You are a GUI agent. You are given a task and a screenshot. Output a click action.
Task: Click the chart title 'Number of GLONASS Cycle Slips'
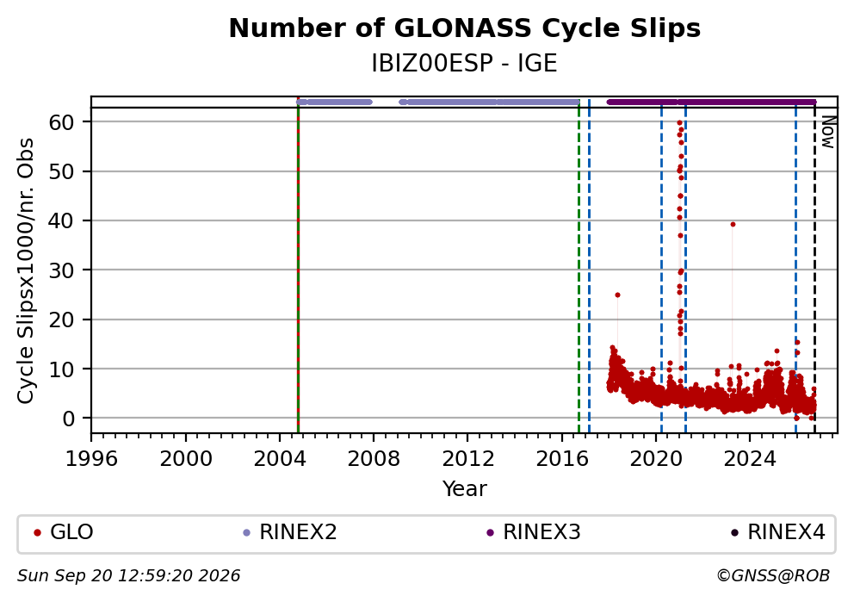[x=465, y=28]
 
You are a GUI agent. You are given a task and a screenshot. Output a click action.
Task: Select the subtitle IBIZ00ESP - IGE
[x=465, y=64]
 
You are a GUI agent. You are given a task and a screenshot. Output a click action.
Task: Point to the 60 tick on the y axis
[x=61, y=122]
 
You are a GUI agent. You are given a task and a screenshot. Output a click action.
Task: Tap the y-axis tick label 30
[x=61, y=270]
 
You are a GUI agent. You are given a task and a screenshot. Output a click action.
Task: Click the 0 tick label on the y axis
[x=68, y=419]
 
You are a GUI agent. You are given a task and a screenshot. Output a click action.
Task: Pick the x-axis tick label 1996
[x=91, y=459]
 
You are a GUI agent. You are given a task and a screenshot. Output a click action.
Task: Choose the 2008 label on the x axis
[x=374, y=459]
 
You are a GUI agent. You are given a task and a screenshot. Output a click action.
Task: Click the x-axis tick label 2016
[x=562, y=459]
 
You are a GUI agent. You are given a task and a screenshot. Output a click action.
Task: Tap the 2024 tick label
[x=750, y=459]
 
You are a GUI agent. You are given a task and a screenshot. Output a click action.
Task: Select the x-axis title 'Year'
[x=465, y=488]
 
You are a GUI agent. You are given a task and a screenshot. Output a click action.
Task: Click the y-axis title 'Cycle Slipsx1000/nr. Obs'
[x=26, y=270]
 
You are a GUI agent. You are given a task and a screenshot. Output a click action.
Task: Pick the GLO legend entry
[x=64, y=532]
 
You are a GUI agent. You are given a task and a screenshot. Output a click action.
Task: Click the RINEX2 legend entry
[x=290, y=532]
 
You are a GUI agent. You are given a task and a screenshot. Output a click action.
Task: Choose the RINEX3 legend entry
[x=534, y=532]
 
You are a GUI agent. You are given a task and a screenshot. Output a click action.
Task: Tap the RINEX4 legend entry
[x=778, y=532]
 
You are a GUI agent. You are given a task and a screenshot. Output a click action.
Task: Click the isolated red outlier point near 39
[x=733, y=225]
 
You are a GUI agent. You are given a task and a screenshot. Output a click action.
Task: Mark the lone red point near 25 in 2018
[x=617, y=295]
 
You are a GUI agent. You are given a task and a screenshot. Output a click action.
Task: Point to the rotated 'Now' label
[x=828, y=132]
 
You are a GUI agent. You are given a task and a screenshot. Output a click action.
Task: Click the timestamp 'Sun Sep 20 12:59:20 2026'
[x=128, y=576]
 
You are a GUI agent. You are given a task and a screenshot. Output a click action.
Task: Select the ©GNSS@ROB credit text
[x=773, y=576]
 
